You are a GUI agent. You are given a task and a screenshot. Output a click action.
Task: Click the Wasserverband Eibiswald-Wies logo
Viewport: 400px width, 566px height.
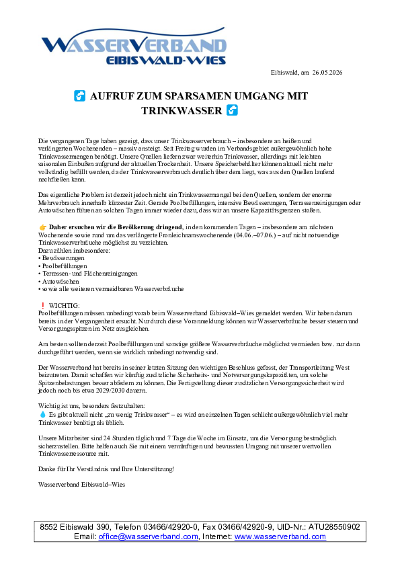[x=134, y=46]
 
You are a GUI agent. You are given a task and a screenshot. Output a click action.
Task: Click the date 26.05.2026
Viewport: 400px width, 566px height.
[x=327, y=72]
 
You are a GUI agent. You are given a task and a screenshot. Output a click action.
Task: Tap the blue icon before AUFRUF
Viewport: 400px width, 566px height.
[x=80, y=96]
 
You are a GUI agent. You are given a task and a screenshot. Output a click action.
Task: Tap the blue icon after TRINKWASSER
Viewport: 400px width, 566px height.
[x=232, y=110]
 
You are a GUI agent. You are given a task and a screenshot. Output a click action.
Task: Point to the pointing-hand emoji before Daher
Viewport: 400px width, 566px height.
[x=42, y=227]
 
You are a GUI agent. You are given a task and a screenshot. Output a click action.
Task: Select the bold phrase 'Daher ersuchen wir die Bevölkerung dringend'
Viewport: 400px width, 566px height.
[x=116, y=227]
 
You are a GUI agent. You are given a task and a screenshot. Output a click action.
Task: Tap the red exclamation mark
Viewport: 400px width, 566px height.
[x=43, y=306]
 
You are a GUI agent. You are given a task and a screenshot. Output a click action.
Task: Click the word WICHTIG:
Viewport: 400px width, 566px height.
[x=65, y=306]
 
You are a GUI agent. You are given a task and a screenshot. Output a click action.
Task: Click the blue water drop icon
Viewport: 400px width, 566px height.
[x=42, y=415]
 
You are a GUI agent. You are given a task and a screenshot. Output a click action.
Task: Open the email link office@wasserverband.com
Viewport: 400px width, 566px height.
[x=148, y=536]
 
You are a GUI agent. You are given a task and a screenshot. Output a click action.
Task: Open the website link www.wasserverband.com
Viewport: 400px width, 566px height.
[x=280, y=536]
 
